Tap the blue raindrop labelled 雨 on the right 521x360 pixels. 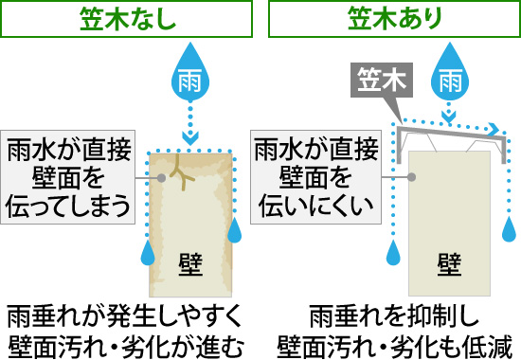click(x=449, y=79)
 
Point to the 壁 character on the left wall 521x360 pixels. click(x=189, y=261)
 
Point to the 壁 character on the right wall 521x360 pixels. click(x=449, y=261)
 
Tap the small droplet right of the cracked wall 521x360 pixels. click(x=234, y=233)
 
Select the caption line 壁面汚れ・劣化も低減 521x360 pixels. click(x=391, y=344)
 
